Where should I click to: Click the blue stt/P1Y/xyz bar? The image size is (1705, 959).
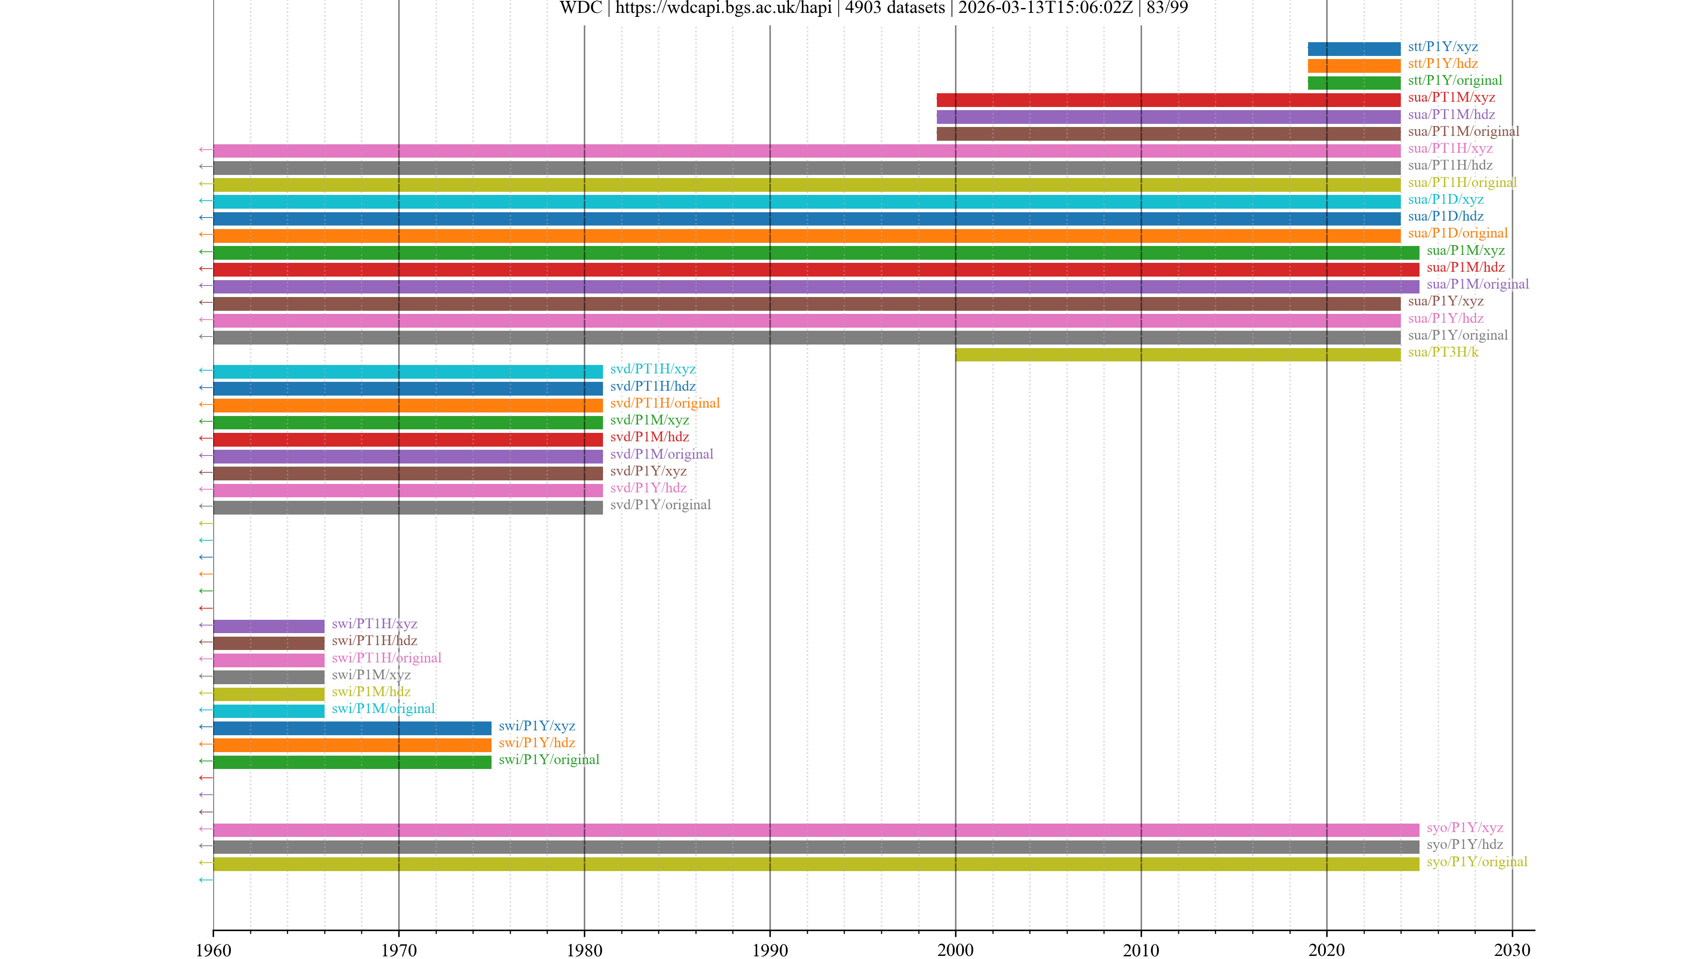(1353, 48)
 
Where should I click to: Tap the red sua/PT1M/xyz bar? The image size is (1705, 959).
(1168, 100)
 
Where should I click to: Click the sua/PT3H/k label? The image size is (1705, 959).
(1443, 352)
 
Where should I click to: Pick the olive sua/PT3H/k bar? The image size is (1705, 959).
(1178, 355)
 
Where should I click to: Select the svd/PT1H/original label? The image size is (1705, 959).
(665, 403)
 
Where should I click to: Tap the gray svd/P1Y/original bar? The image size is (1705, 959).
(408, 507)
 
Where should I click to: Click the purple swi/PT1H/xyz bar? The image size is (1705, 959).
(269, 626)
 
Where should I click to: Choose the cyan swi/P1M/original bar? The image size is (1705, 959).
(269, 711)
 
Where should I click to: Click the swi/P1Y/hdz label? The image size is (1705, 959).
(537, 743)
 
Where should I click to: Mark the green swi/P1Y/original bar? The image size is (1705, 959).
(352, 762)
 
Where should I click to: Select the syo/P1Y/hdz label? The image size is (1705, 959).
(1464, 844)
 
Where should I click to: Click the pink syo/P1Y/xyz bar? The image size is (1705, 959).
(816, 830)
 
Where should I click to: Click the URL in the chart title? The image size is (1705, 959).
(723, 8)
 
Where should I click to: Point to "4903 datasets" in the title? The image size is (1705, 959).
(895, 8)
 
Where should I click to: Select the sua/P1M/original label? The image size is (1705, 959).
(1477, 285)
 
